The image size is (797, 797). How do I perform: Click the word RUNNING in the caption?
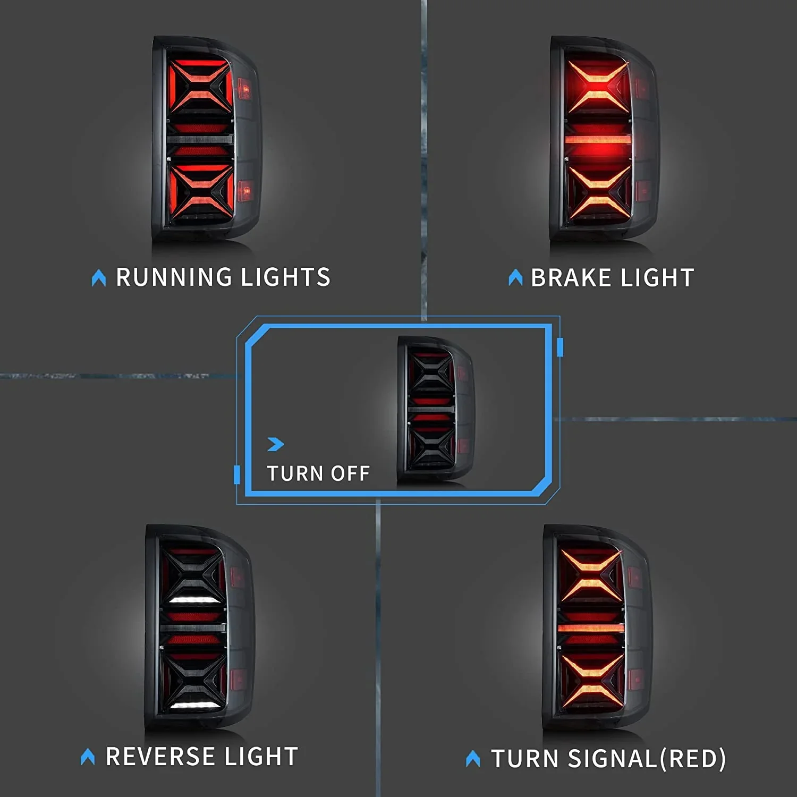[x=174, y=277]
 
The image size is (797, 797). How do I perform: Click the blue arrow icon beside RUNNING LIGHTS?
[x=99, y=278]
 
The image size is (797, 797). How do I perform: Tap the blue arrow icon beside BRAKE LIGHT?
[x=515, y=277]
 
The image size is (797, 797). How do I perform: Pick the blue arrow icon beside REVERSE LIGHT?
[x=88, y=757]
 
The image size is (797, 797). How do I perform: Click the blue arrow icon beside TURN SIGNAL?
[x=473, y=758]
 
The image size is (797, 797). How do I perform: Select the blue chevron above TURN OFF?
[x=276, y=444]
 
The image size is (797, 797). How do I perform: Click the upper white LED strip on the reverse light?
[x=193, y=600]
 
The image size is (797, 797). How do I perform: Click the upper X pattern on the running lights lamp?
[x=201, y=86]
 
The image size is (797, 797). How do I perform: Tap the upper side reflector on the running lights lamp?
[x=244, y=89]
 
